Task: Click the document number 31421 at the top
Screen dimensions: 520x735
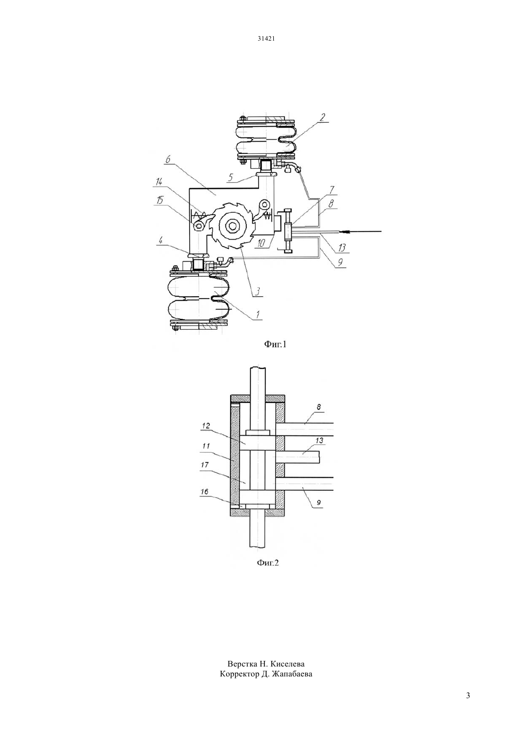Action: click(266, 38)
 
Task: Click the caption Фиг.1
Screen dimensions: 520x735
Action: click(276, 344)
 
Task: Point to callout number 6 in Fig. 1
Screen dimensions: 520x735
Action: click(168, 160)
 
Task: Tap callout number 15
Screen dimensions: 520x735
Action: click(159, 200)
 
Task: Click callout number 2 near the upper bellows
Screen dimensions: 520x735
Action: click(322, 117)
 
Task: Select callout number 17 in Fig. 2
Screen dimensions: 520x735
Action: click(205, 465)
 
